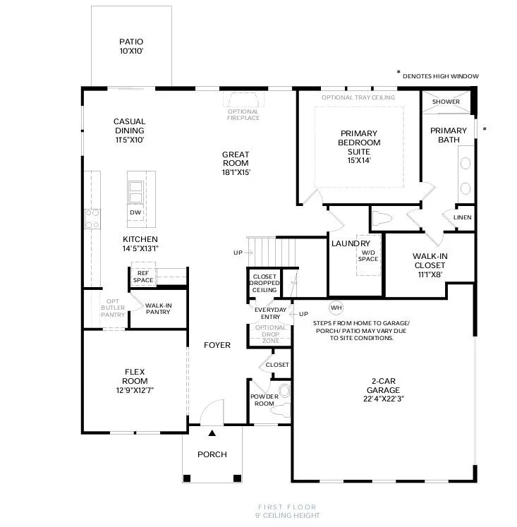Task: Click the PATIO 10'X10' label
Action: point(131,47)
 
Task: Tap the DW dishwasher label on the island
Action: point(135,212)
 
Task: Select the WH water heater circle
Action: point(336,308)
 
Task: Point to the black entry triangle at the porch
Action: point(212,433)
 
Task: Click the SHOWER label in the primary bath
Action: point(446,102)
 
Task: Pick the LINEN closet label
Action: point(462,217)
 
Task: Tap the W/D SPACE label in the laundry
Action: point(368,256)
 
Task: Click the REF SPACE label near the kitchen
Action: point(143,277)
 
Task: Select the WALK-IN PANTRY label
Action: point(158,308)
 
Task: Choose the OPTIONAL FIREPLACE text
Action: point(243,114)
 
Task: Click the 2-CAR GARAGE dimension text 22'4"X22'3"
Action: point(383,399)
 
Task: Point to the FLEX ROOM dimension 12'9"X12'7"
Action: point(135,390)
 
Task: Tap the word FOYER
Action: point(217,345)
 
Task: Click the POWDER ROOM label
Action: point(264,400)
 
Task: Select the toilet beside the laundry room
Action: point(382,219)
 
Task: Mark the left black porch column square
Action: point(187,478)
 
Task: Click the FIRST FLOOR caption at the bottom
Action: point(287,507)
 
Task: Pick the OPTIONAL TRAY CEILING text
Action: point(358,97)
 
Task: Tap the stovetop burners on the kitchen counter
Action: point(92,219)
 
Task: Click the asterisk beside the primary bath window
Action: point(485,128)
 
